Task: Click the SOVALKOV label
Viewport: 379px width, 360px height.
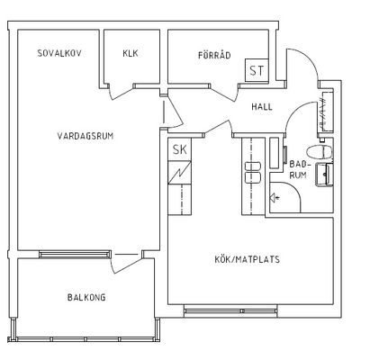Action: point(59,53)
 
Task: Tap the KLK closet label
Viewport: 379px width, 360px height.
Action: point(131,53)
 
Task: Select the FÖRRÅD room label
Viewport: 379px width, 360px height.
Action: point(214,55)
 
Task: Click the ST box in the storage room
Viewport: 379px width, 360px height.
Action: point(257,70)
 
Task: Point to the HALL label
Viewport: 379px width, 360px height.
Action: point(262,107)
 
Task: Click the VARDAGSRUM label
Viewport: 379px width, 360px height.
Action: point(86,136)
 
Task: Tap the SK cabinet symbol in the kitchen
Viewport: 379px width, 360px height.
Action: point(179,149)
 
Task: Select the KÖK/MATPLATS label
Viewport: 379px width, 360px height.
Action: point(247,259)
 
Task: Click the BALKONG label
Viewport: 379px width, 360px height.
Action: point(86,297)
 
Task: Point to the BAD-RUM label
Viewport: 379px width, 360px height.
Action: point(299,169)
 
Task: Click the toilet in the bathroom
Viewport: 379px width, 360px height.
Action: point(320,152)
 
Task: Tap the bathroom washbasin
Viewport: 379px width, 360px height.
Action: point(323,175)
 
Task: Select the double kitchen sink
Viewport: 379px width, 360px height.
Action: point(253,172)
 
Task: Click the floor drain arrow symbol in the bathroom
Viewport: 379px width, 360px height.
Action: point(275,198)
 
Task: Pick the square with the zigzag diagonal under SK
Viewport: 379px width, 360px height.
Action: point(179,173)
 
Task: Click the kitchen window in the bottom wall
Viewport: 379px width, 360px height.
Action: point(230,310)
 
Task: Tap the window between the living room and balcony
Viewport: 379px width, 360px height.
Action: point(75,255)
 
